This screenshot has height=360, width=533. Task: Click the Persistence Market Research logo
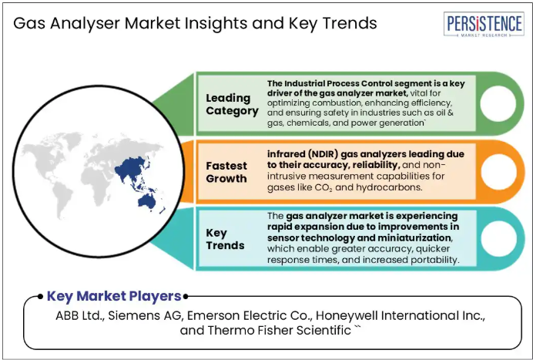click(484, 24)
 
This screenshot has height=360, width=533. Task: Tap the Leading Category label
click(232, 105)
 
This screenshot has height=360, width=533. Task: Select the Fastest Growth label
click(226, 172)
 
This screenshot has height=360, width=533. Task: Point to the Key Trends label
click(225, 239)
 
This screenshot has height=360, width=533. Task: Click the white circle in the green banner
click(498, 104)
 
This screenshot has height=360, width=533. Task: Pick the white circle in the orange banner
click(498, 172)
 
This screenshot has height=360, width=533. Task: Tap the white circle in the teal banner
click(498, 238)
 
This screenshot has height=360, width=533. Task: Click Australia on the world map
click(147, 201)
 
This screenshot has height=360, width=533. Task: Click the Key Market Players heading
click(114, 296)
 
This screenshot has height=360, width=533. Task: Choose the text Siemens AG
click(146, 316)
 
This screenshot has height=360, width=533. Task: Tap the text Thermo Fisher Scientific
click(279, 330)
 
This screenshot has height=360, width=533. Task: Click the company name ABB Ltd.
click(80, 316)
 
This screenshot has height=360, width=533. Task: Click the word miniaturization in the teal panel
click(414, 237)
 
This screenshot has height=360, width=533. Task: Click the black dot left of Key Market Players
click(40, 296)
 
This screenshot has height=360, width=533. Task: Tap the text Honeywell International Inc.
click(401, 316)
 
